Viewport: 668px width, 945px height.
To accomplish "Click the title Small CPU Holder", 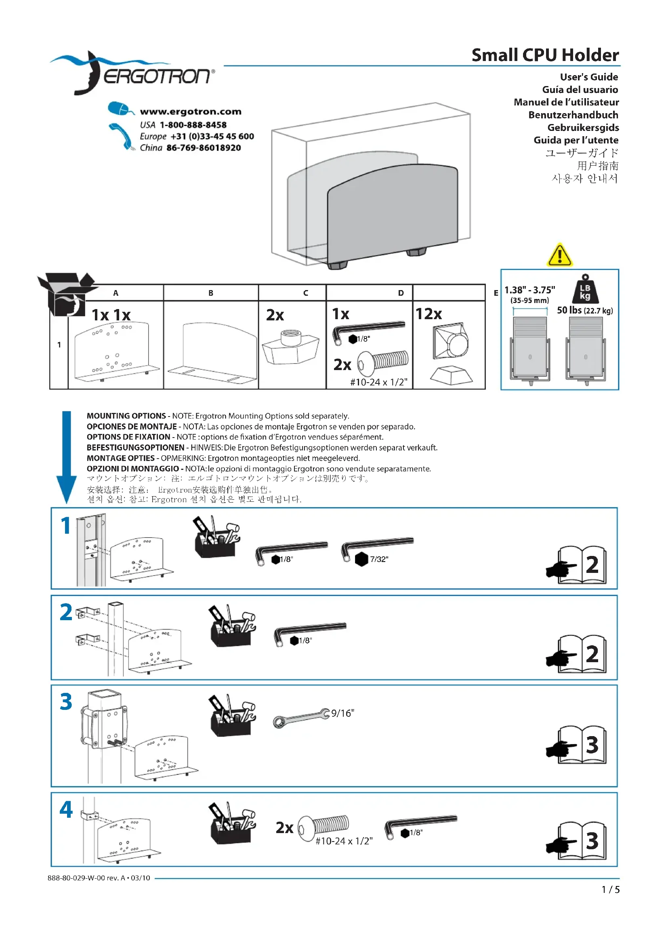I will tap(544, 55).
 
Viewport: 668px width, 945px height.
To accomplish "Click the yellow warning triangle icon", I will tap(559, 255).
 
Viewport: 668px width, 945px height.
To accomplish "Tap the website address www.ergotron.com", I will tap(191, 112).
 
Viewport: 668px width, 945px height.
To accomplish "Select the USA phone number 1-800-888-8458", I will tap(193, 125).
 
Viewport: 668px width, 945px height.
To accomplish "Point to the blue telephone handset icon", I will tap(122, 136).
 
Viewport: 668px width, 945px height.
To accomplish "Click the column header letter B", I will tap(210, 293).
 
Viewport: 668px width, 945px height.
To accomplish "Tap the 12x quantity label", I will tap(429, 314).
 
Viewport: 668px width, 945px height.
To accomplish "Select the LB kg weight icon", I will tap(585, 289).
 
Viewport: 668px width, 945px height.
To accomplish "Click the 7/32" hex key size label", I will tap(379, 559).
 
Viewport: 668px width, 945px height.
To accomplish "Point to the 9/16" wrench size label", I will tap(342, 713).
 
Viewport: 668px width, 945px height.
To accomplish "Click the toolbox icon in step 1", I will tap(216, 537).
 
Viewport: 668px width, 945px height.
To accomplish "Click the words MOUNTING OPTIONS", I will tap(126, 416).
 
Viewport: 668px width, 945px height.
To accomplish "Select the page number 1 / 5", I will tap(610, 889).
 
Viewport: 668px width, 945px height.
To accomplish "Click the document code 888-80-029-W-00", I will tap(76, 878).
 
